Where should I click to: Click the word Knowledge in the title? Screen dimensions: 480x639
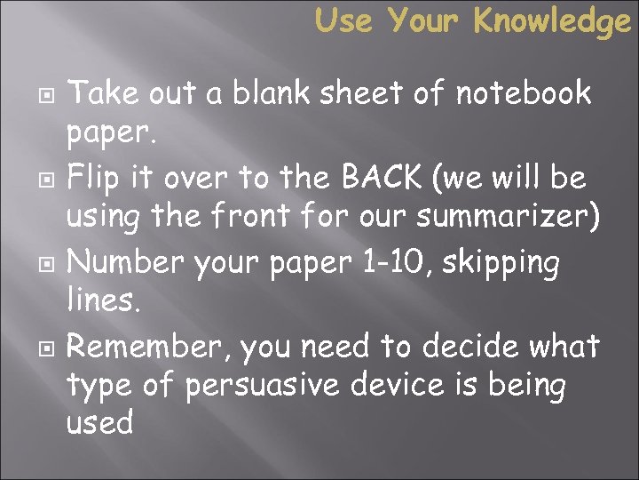tap(551, 20)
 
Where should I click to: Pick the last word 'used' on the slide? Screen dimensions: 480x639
tap(99, 424)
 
